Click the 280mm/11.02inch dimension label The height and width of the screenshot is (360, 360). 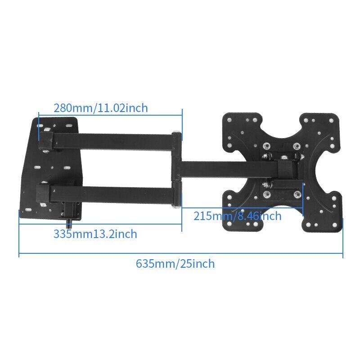(x=100, y=108)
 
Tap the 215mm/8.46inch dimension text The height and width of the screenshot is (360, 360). (x=238, y=216)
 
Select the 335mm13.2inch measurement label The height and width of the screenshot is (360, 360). (x=95, y=234)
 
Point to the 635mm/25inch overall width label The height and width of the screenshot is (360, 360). (x=175, y=264)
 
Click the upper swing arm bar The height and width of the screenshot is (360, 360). (x=112, y=141)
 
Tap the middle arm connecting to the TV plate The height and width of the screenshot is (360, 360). (x=229, y=170)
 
